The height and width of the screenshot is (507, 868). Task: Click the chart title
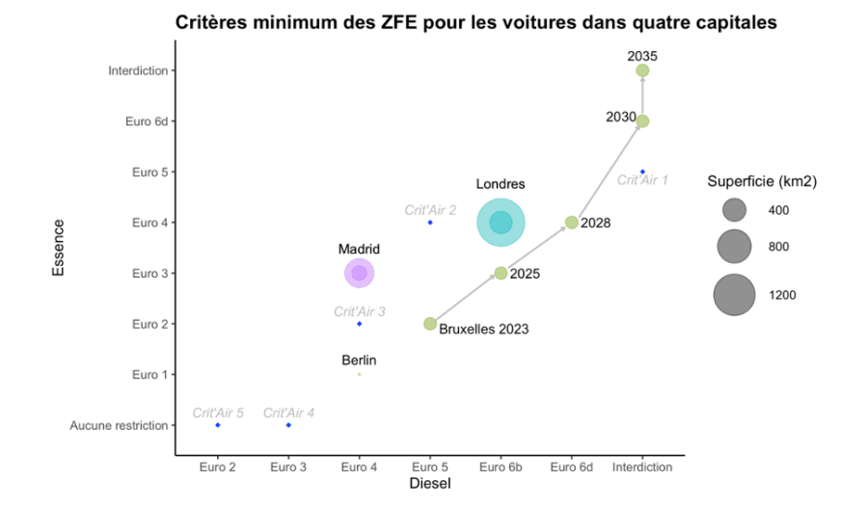(x=475, y=22)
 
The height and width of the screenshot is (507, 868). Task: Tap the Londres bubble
(x=501, y=223)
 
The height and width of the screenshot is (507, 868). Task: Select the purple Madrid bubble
(x=359, y=274)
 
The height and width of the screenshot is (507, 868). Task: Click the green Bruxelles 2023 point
(x=430, y=324)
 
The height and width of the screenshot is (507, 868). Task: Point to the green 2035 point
(x=642, y=70)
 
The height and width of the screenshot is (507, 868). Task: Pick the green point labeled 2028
(x=571, y=223)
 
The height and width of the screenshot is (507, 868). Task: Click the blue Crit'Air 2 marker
(x=430, y=223)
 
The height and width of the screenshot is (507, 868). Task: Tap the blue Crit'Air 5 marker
(x=218, y=425)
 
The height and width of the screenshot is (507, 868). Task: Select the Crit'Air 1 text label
(x=642, y=180)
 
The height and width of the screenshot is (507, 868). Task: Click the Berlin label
(x=359, y=360)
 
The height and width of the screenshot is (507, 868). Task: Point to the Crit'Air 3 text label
(x=360, y=311)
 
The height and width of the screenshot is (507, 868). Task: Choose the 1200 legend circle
(x=734, y=295)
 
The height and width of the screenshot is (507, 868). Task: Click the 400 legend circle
(x=734, y=210)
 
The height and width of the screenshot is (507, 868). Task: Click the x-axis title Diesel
(x=430, y=483)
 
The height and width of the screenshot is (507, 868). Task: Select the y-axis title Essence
(x=59, y=248)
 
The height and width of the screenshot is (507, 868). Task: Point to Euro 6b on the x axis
(x=501, y=467)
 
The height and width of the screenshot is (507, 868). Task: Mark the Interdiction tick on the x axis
(x=642, y=467)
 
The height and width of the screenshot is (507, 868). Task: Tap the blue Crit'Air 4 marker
(x=288, y=425)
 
